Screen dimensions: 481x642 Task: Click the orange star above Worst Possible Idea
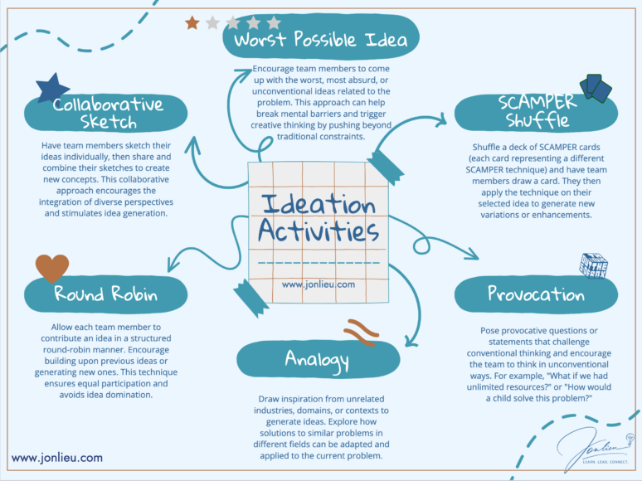tap(192, 22)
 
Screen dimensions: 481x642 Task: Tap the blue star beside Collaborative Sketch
tap(53, 89)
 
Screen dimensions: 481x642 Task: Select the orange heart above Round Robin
tap(52, 267)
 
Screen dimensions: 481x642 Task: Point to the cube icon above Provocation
tap(594, 265)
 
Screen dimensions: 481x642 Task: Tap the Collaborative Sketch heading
tap(109, 114)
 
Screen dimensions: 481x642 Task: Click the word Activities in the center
tap(319, 231)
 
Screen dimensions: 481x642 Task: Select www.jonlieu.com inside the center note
tap(319, 284)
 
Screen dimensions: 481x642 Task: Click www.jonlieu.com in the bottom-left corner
tap(57, 457)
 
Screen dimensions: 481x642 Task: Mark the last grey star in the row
tap(274, 22)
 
